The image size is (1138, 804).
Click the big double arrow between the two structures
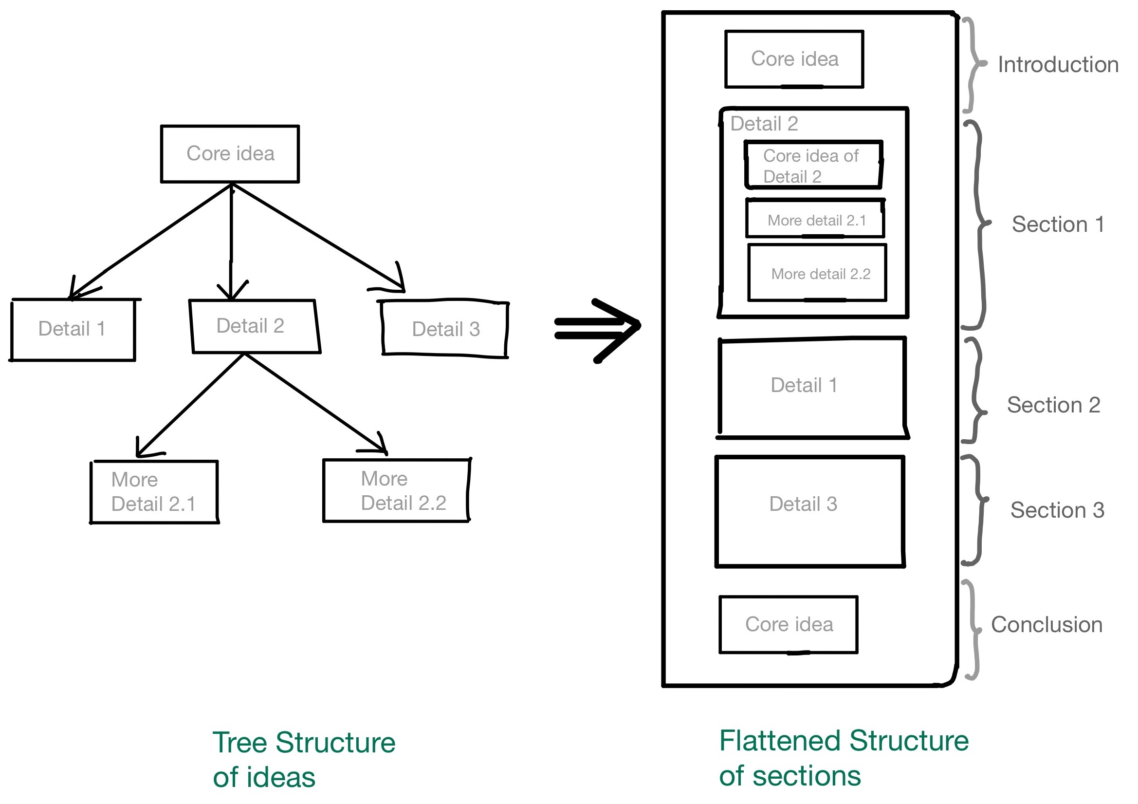pyautogui.click(x=597, y=330)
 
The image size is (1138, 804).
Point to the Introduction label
pyautogui.click(x=1058, y=64)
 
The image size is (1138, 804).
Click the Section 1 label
pyautogui.click(x=1058, y=224)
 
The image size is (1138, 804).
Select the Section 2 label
pyautogui.click(x=1054, y=405)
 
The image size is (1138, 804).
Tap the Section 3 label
pyautogui.click(x=1057, y=510)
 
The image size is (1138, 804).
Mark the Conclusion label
pyautogui.click(x=1046, y=624)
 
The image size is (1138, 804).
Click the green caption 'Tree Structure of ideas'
pyautogui.click(x=304, y=759)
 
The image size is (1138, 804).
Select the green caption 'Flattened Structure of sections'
pyautogui.click(x=844, y=758)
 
